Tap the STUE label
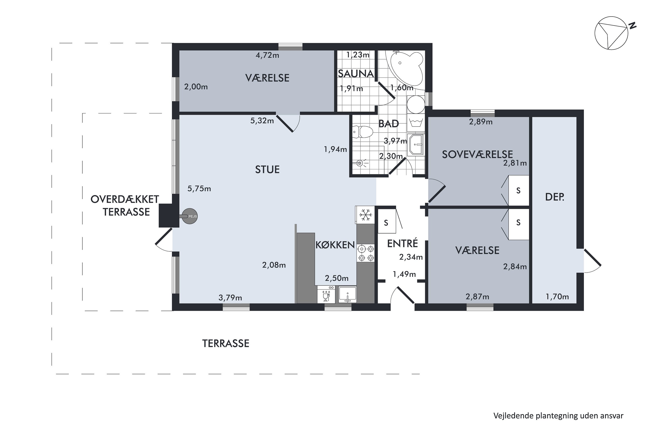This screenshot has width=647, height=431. pos(267,169)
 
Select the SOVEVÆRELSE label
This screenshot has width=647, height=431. pos(477,155)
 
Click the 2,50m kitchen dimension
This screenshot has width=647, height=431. pos(337,278)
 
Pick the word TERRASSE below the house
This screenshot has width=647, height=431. pos(226,344)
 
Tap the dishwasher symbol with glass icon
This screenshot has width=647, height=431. pos(326,295)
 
